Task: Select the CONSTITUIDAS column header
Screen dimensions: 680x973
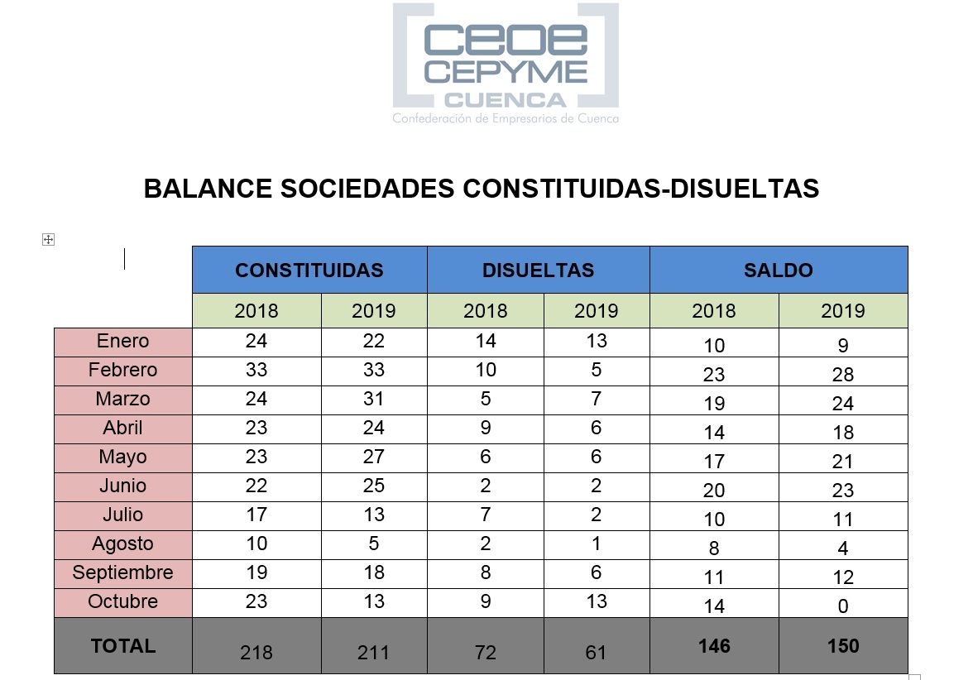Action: (309, 271)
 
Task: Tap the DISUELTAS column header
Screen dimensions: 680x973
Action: (538, 271)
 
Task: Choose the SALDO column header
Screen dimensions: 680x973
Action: (778, 271)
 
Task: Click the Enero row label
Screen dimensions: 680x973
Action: (123, 342)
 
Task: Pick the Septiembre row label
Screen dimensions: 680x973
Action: (123, 572)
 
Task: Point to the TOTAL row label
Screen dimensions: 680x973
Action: (123, 645)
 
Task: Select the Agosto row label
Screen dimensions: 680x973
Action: (123, 544)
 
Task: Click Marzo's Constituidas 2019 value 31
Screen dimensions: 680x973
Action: (373, 400)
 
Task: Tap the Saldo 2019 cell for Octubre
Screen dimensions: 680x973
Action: (842, 606)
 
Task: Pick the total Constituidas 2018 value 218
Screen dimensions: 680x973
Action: (256, 653)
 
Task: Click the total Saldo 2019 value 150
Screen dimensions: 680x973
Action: (842, 646)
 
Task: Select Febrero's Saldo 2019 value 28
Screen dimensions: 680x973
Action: (842, 375)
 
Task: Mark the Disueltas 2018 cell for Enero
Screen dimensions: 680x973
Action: (485, 342)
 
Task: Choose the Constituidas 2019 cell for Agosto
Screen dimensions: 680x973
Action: (373, 544)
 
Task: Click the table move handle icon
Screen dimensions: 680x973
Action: (48, 240)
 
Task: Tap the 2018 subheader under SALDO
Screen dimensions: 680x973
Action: (713, 311)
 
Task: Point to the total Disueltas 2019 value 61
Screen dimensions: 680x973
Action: (596, 653)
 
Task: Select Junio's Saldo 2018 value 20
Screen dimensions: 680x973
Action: (713, 491)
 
